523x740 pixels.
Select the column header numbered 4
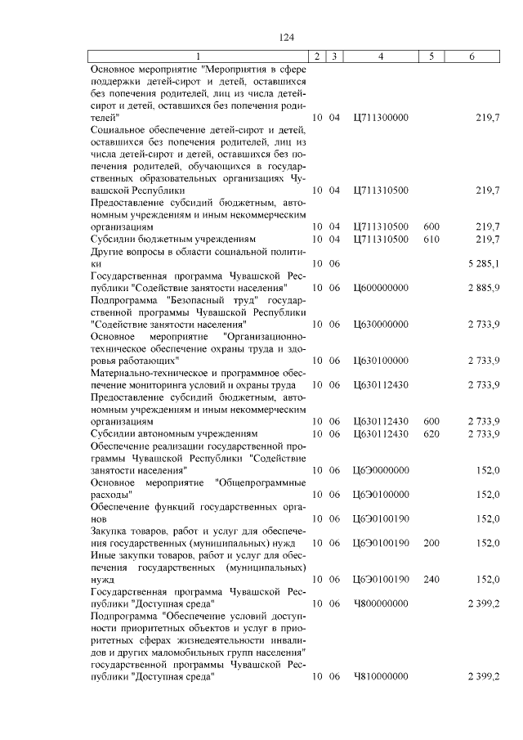coord(380,56)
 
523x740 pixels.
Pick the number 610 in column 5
coord(431,238)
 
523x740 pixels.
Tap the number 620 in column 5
coord(431,433)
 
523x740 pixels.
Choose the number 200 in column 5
coord(431,542)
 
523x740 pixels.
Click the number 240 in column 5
coord(431,579)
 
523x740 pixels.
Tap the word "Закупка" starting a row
coord(110,531)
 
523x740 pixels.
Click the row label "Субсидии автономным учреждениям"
coord(173,433)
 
